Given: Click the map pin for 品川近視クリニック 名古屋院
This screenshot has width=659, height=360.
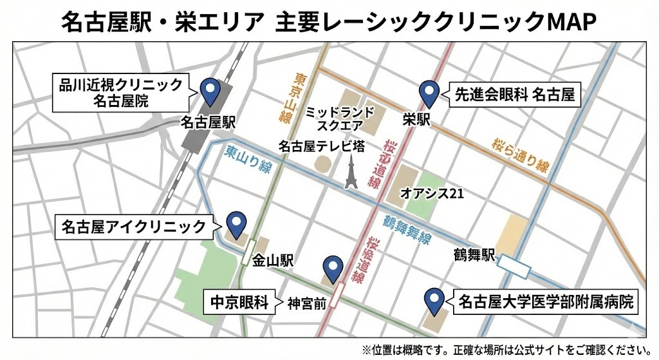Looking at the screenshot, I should coord(209,91).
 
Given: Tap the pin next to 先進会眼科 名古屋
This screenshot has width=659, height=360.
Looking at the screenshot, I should coord(429,93).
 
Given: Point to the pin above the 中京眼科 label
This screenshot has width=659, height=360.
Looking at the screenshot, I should coord(332,267).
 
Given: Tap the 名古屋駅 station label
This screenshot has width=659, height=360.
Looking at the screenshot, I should coord(208,122).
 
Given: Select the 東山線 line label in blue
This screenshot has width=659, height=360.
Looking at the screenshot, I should coord(248,160).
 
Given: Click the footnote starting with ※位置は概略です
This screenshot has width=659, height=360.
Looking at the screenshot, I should coord(505,349).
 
